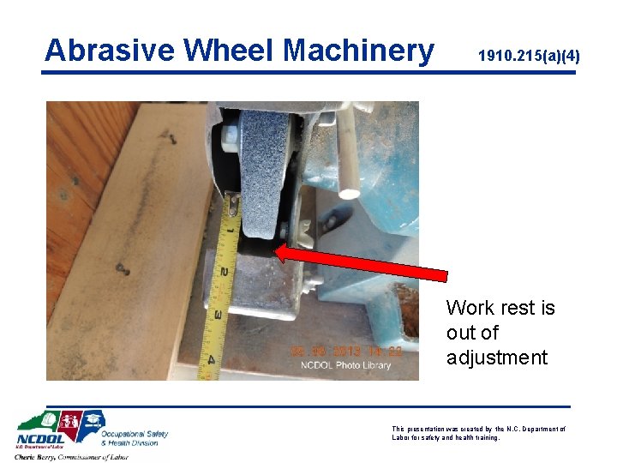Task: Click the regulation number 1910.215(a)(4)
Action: (529, 57)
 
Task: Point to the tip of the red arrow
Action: (276, 251)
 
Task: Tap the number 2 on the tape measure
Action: (223, 273)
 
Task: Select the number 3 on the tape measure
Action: (218, 315)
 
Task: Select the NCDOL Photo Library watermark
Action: (345, 365)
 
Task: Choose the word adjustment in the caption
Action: (496, 358)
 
